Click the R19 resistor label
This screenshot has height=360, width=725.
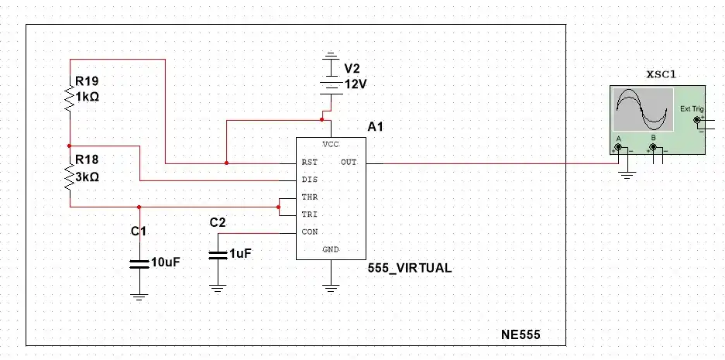click(x=87, y=81)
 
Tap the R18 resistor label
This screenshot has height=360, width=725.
click(x=87, y=160)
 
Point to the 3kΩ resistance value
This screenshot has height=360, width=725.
click(x=87, y=177)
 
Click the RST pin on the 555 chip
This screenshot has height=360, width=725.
click(x=310, y=163)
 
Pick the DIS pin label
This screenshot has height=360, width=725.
click(x=310, y=180)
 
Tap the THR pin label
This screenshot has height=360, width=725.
click(x=310, y=197)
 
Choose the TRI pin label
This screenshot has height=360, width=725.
click(x=310, y=214)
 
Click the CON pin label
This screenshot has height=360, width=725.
click(x=310, y=232)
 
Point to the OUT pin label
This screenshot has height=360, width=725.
click(x=349, y=163)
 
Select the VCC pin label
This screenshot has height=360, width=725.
click(x=331, y=146)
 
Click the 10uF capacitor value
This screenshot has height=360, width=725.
click(x=165, y=262)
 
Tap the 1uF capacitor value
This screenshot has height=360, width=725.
click(x=240, y=253)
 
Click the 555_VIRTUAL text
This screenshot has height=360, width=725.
click(x=410, y=268)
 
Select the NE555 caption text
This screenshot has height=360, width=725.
click(x=521, y=335)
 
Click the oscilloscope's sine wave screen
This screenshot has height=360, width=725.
click(x=641, y=109)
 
